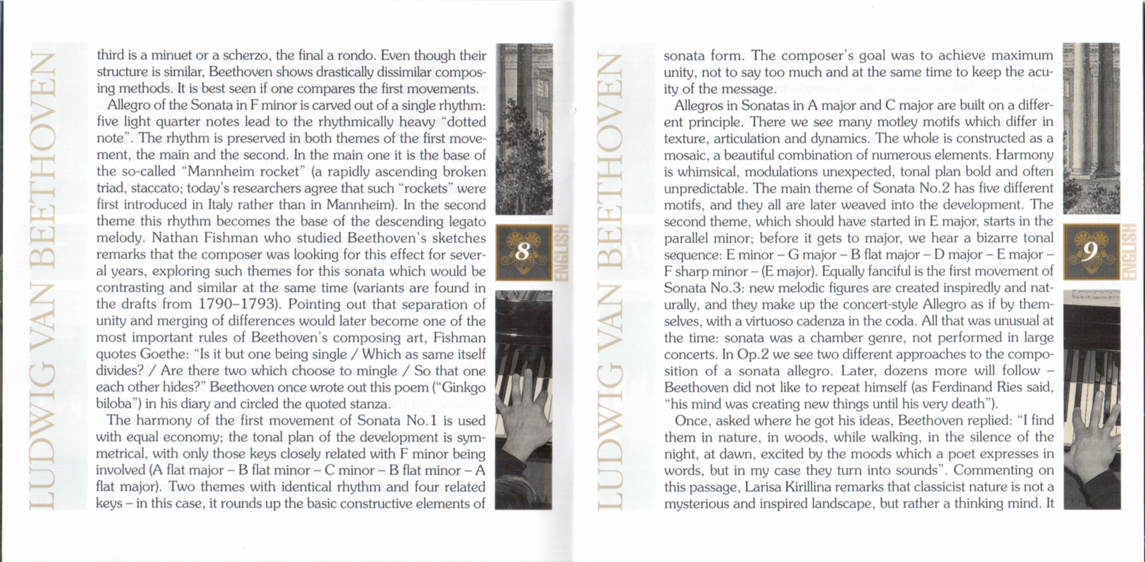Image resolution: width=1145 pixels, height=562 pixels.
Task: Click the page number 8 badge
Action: [x=524, y=252]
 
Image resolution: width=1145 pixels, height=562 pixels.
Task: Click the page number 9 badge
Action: [x=1091, y=252]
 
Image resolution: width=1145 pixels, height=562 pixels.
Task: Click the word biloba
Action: [x=114, y=404]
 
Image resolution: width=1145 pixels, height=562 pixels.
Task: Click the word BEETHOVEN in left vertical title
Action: [x=42, y=160]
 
